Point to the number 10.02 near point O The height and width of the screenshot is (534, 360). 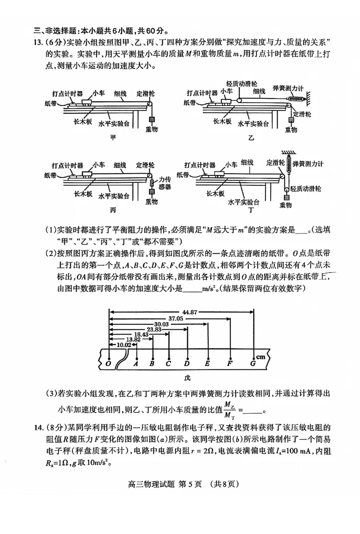(124, 345)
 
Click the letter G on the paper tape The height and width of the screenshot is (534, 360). (253, 363)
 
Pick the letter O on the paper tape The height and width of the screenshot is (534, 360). (108, 363)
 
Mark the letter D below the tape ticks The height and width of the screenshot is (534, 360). (187, 363)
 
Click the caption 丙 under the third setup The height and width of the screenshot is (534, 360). (113, 210)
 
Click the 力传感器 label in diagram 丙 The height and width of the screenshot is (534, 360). (165, 182)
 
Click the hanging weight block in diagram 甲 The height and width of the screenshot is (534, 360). (152, 120)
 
